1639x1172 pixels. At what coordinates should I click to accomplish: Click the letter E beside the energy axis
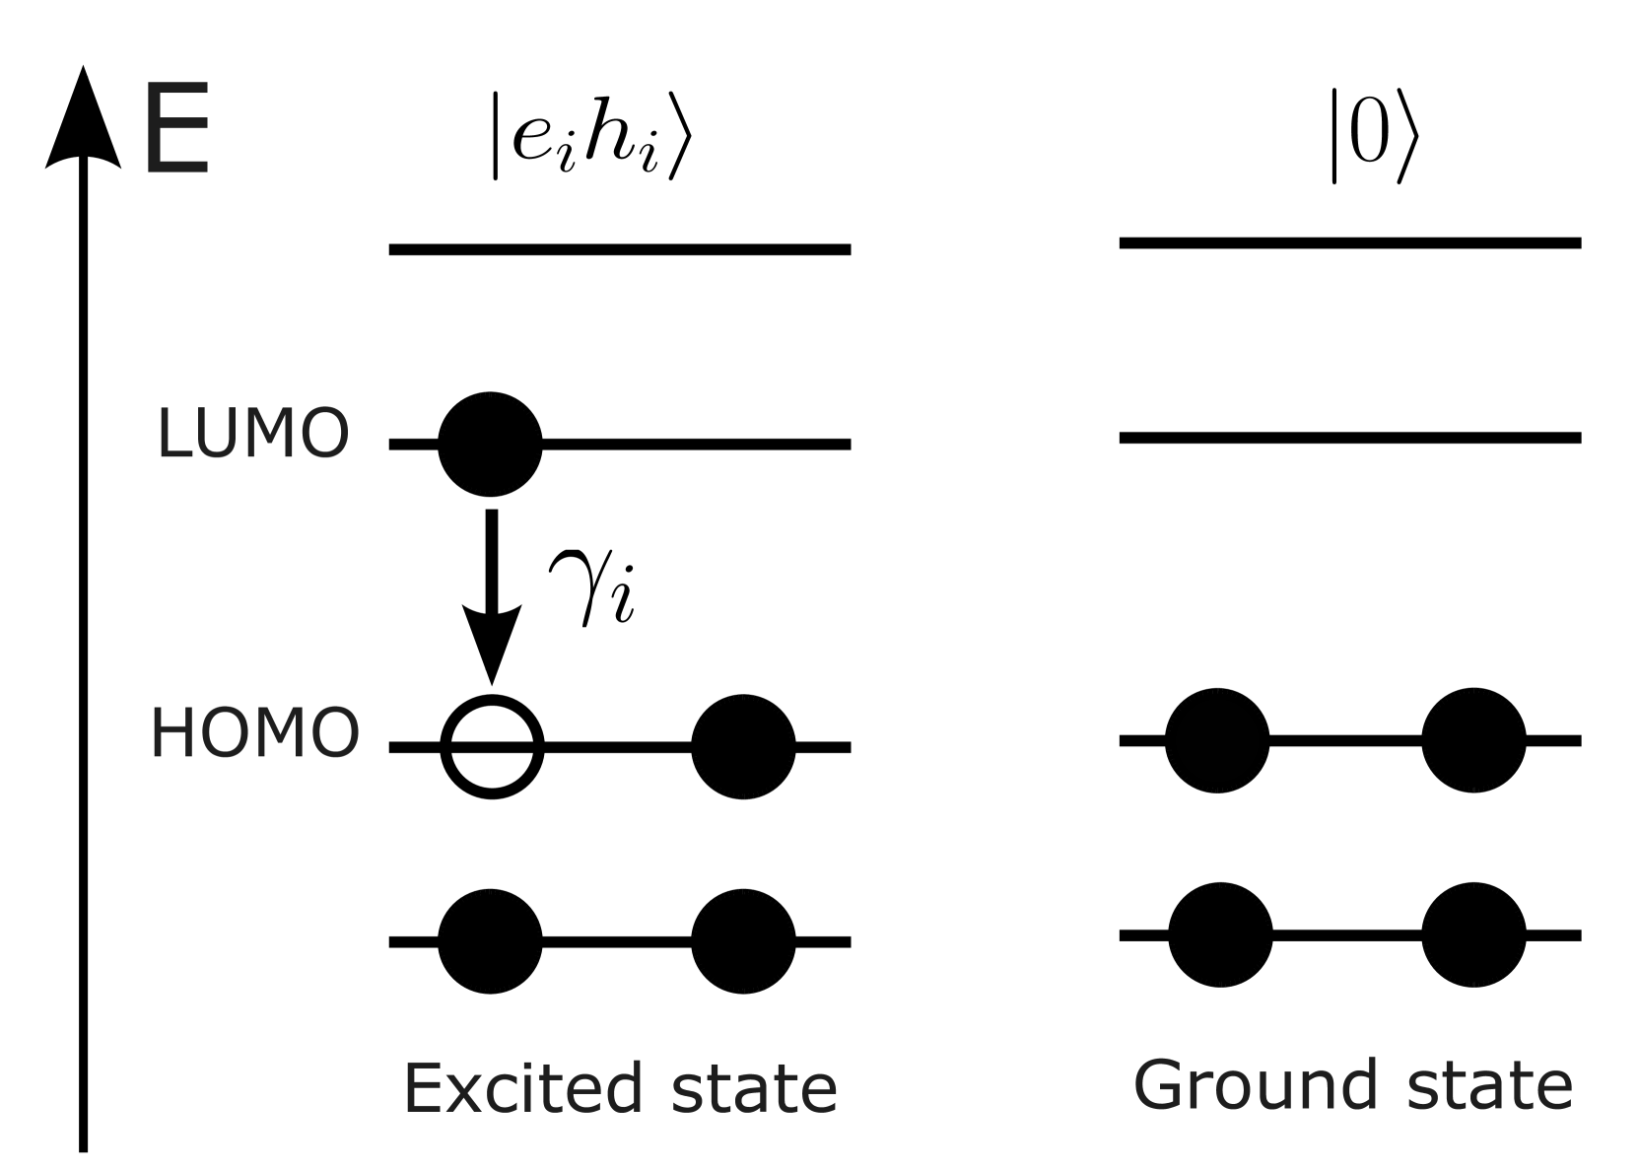(x=176, y=130)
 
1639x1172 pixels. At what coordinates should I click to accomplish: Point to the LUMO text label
(x=253, y=434)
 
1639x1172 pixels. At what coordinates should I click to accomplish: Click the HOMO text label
(x=254, y=734)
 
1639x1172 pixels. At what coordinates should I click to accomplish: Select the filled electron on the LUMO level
(x=490, y=445)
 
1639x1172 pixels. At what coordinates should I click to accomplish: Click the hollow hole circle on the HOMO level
(x=492, y=747)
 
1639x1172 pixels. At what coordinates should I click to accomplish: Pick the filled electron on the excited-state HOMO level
(x=743, y=747)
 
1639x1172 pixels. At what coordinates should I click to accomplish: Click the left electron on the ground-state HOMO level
(x=1217, y=739)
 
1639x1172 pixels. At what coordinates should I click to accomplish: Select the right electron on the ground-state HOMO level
(x=1473, y=739)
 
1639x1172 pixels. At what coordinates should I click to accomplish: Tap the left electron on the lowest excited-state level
(x=490, y=941)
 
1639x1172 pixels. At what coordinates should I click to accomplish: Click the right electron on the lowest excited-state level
(x=743, y=941)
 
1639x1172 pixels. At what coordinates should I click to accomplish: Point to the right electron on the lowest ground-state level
(x=1473, y=934)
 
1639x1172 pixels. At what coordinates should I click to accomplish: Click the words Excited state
(x=620, y=1089)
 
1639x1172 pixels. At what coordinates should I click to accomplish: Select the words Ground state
(x=1352, y=1084)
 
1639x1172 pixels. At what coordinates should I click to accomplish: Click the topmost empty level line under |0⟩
(x=1350, y=242)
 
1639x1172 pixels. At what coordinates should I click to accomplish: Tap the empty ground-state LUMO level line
(x=1350, y=437)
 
